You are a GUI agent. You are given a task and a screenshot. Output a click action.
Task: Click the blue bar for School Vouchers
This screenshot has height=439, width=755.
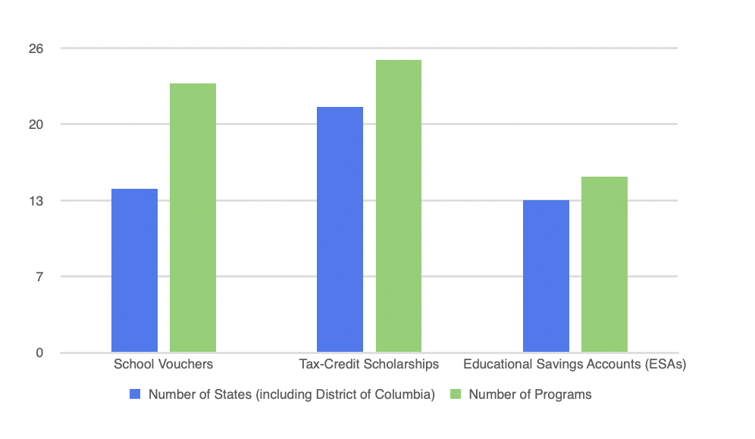pyautogui.click(x=134, y=271)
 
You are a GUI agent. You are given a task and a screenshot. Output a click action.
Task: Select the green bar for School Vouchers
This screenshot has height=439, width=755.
pyautogui.click(x=193, y=218)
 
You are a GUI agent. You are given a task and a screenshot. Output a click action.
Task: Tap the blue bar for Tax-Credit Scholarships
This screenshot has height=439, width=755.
pyautogui.click(x=340, y=230)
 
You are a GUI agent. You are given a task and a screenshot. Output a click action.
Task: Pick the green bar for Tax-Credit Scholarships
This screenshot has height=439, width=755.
pyautogui.click(x=398, y=206)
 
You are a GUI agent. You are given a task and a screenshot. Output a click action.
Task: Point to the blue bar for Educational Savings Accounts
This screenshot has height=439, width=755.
pyautogui.click(x=546, y=277)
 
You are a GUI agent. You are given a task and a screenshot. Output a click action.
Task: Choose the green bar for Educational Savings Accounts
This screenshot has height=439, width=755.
pyautogui.click(x=604, y=265)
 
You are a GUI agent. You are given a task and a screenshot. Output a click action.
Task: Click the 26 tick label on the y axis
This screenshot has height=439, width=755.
pyautogui.click(x=36, y=49)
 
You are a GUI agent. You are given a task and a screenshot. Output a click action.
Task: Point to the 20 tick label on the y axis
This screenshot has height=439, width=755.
pyautogui.click(x=36, y=124)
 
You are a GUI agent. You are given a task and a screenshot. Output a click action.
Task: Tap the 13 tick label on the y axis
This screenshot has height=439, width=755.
pyautogui.click(x=36, y=201)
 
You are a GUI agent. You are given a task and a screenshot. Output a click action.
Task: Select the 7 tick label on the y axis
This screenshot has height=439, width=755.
pyautogui.click(x=39, y=277)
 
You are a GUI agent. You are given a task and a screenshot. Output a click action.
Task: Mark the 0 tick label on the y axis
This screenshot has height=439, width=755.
pyautogui.click(x=39, y=353)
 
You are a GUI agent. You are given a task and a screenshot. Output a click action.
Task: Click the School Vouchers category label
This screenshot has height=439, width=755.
pyautogui.click(x=163, y=364)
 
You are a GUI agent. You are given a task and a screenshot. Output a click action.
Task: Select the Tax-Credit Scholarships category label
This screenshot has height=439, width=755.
pyautogui.click(x=369, y=364)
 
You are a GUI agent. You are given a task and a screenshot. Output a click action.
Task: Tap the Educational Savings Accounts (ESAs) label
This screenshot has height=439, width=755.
pyautogui.click(x=575, y=364)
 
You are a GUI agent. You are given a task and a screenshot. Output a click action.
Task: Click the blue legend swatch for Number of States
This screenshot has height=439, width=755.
pyautogui.click(x=136, y=394)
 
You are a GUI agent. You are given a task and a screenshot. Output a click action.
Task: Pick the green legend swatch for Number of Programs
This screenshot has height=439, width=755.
pyautogui.click(x=456, y=394)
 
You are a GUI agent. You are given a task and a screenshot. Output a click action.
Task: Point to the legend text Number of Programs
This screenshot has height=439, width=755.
pyautogui.click(x=530, y=394)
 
